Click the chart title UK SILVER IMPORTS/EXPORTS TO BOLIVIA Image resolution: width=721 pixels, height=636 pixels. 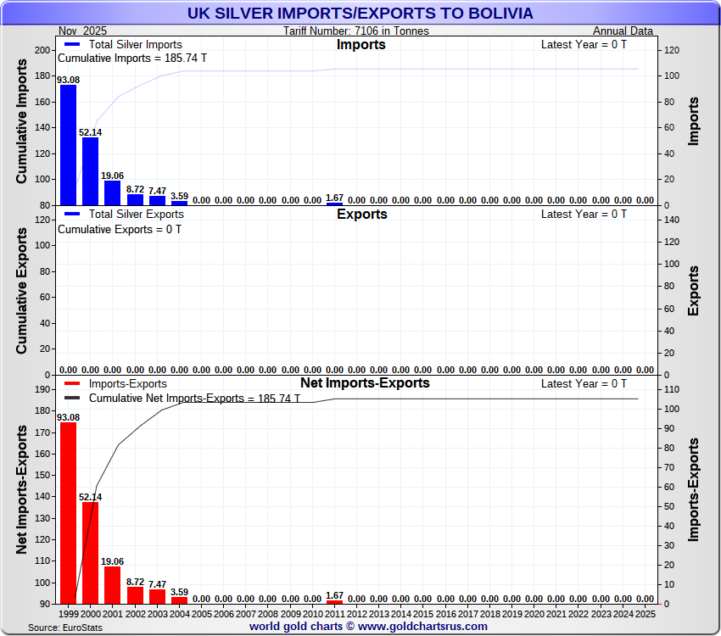click(x=360, y=13)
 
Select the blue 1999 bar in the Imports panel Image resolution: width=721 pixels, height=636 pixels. click(x=68, y=144)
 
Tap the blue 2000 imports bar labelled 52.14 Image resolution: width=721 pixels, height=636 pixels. click(x=90, y=170)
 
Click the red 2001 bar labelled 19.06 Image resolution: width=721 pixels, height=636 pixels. click(x=112, y=584)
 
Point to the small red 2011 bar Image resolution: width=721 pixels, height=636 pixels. click(x=334, y=601)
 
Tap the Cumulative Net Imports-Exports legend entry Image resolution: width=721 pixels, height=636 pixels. click(x=170, y=398)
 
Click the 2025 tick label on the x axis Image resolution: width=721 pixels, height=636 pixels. click(x=645, y=612)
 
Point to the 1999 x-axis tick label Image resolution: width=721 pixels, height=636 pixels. click(x=69, y=612)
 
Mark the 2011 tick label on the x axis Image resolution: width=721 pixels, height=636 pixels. click(x=334, y=612)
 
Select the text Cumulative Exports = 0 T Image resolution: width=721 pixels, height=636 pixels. click(x=119, y=229)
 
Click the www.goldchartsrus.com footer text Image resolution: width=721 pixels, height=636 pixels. click(x=421, y=626)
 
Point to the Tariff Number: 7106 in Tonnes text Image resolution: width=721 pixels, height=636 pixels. click(x=356, y=31)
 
